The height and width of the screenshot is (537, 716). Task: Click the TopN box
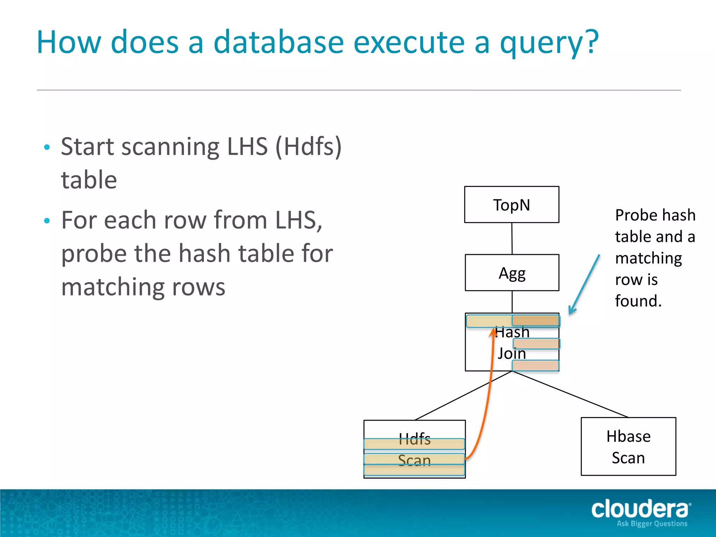click(x=511, y=205)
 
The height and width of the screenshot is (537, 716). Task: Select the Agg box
click(x=512, y=273)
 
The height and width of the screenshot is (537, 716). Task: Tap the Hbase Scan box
click(x=628, y=446)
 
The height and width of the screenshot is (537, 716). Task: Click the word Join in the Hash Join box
click(x=511, y=353)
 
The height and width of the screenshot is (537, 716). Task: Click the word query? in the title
click(x=549, y=43)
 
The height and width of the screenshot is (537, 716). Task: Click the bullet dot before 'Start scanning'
click(x=47, y=147)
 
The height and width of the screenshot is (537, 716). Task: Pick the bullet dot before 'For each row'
click(x=47, y=221)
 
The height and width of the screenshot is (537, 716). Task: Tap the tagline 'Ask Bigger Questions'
click(x=652, y=524)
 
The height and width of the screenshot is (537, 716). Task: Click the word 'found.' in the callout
click(x=638, y=301)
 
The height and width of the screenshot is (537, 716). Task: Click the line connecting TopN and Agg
click(x=512, y=238)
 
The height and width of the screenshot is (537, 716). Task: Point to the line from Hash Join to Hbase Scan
click(x=570, y=394)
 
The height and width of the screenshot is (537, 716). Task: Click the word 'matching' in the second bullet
click(x=143, y=287)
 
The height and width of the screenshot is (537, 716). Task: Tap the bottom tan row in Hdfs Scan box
click(x=414, y=470)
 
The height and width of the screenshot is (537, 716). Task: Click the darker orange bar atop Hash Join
click(x=535, y=320)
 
